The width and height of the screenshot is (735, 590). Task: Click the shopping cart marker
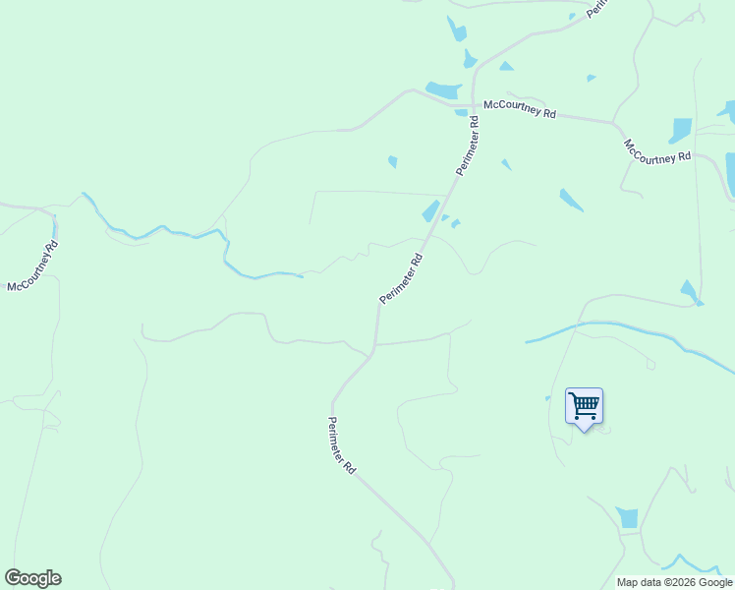(584, 405)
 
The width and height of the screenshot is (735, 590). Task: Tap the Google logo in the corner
(33, 578)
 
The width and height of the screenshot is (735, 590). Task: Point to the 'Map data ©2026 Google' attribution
(675, 582)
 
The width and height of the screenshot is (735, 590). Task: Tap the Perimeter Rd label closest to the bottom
(342, 446)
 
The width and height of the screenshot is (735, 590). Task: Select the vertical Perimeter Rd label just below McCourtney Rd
(467, 147)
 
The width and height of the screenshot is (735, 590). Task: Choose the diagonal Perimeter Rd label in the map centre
(401, 278)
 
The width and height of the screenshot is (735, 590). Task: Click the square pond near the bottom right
(628, 518)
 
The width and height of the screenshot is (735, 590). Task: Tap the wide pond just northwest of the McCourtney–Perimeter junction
(444, 90)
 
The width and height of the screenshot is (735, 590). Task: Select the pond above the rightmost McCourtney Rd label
(680, 130)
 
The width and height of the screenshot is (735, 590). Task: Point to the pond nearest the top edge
(457, 29)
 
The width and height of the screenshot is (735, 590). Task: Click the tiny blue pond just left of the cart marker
(548, 398)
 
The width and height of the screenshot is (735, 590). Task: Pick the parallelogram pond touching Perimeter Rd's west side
(430, 211)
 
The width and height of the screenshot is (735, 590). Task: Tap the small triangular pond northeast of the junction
(505, 66)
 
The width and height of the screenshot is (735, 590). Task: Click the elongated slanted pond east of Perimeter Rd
(571, 201)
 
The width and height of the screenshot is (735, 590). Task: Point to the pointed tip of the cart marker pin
(585, 431)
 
